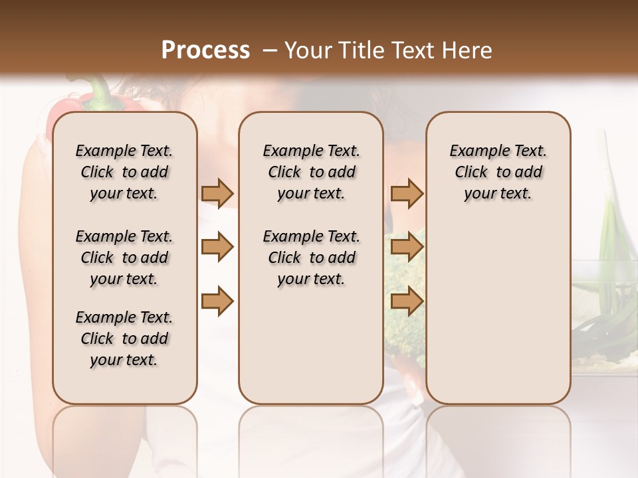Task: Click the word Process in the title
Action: pos(205,50)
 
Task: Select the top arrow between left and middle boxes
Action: pos(217,193)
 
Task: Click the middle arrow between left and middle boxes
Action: pos(217,248)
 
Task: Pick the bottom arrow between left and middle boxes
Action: pos(217,302)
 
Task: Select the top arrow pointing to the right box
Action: pos(407,193)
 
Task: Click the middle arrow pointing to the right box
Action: pos(407,248)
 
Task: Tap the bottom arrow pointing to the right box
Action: pos(407,302)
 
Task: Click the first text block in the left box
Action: pos(124,172)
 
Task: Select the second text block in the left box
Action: pos(124,258)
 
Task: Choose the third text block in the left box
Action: pos(124,339)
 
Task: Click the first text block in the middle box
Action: pos(311,172)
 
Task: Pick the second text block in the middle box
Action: pos(311,258)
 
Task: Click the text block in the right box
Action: pos(498,172)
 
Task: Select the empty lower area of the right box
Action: pos(498,312)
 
